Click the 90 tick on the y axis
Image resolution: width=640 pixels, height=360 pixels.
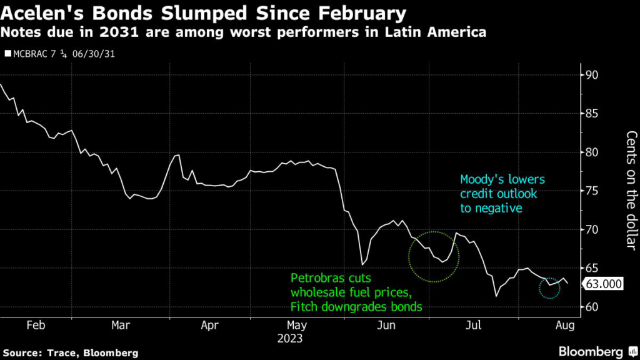coord(591,75)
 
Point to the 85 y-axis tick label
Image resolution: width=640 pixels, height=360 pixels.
coord(591,114)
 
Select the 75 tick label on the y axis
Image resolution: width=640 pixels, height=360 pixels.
coord(591,191)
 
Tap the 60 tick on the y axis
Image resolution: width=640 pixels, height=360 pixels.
coord(591,307)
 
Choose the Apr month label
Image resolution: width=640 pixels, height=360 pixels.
coord(210,326)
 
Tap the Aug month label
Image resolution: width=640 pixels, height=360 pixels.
coord(564,326)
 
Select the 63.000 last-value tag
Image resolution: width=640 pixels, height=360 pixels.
coord(603,285)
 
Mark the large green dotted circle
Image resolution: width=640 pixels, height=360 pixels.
coord(434,256)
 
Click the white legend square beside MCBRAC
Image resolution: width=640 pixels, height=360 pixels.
coord(8,54)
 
